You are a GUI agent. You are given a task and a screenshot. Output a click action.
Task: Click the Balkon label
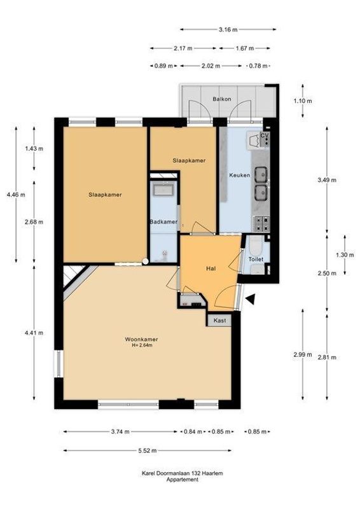[x=221, y=100]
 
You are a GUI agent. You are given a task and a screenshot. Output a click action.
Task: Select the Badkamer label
[x=163, y=222]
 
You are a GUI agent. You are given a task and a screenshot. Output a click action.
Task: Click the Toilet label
[x=256, y=259]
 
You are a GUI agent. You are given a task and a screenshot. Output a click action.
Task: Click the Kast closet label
[x=220, y=320]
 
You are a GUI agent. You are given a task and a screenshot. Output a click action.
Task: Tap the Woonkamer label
[x=141, y=340]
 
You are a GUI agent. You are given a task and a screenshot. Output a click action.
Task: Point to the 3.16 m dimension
[x=228, y=29]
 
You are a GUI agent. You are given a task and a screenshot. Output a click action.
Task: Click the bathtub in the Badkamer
[x=165, y=190]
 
